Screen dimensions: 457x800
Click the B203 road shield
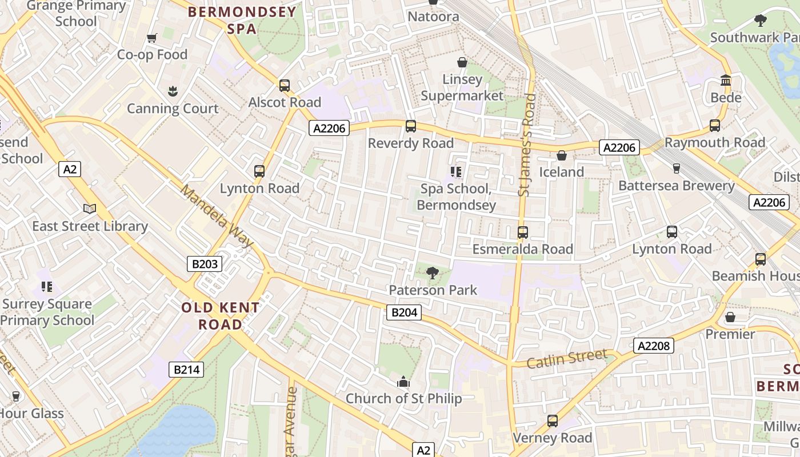(205, 264)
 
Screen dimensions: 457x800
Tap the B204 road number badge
(404, 312)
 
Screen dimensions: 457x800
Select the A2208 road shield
(654, 346)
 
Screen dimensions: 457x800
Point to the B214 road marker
(186, 370)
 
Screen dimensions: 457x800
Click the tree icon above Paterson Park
(433, 273)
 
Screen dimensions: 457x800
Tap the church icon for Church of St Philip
(403, 382)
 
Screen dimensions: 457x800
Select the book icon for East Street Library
(90, 209)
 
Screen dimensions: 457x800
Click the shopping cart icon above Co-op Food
(152, 38)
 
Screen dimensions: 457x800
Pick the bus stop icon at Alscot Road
(285, 86)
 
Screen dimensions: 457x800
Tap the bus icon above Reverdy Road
(411, 126)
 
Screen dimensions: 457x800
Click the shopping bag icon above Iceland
(562, 155)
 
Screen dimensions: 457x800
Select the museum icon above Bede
(726, 81)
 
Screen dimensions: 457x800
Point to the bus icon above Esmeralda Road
(522, 232)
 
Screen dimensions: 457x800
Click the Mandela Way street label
(217, 216)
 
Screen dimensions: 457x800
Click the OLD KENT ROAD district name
(220, 316)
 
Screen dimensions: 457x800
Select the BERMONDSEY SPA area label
(242, 20)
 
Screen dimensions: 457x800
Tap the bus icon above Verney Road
(552, 421)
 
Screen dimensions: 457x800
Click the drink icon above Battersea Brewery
(677, 169)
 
